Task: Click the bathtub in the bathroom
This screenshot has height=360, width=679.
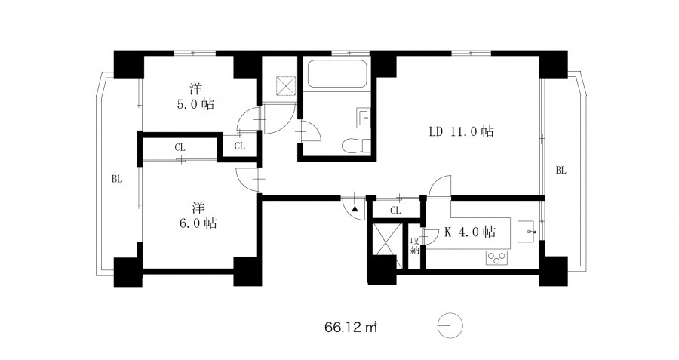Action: (337, 74)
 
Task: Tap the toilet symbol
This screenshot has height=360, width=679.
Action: (355, 146)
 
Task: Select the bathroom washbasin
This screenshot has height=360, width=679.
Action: (363, 118)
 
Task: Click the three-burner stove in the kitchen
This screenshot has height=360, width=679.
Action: (496, 258)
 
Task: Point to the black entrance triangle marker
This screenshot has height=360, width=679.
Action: (355, 209)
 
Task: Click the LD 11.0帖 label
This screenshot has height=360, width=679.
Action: (461, 131)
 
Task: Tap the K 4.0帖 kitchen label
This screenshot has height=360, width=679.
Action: (470, 232)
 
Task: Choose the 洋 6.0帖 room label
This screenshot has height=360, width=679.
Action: (197, 215)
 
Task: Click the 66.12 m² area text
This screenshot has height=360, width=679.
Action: (350, 327)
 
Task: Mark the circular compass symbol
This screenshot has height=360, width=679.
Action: (450, 325)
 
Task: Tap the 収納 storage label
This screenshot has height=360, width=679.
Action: (414, 245)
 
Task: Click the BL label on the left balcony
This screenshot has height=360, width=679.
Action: (117, 178)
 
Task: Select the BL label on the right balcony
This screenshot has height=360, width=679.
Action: (561, 171)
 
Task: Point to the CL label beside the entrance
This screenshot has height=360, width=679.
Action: (395, 211)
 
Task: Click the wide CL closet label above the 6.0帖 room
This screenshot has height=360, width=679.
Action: (180, 148)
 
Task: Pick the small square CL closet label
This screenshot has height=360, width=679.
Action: (239, 146)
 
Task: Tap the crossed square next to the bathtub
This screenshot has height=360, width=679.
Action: (286, 86)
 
